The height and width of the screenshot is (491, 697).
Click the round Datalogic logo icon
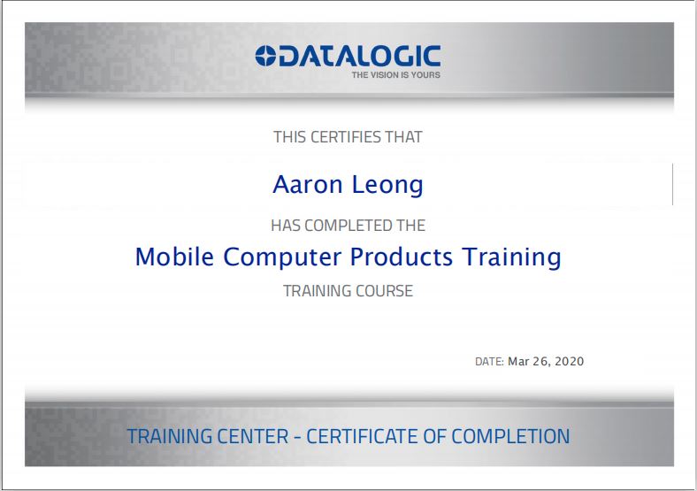[265, 56]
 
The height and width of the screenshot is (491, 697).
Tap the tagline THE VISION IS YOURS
[395, 74]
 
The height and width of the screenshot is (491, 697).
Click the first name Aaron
[308, 184]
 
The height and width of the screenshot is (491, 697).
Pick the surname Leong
[387, 185]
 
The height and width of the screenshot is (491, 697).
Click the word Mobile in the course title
[175, 257]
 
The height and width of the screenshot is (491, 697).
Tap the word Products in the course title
[402, 257]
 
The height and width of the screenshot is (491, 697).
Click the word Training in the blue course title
[511, 257]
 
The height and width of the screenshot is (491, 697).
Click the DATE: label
[489, 362]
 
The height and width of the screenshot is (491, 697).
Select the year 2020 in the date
[570, 361]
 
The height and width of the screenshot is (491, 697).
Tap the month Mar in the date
[518, 361]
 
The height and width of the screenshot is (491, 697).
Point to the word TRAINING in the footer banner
[170, 436]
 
